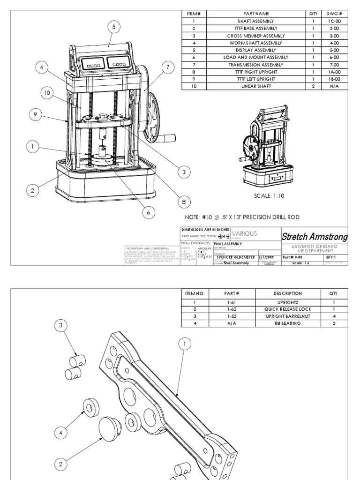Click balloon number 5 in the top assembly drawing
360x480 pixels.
113,27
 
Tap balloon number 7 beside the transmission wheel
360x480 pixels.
167,67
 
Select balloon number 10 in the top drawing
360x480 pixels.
46,93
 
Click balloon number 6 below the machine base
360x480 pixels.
148,212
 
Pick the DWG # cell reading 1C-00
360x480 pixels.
334,21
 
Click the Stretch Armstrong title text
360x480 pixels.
315,237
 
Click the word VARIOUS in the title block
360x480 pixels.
244,233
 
